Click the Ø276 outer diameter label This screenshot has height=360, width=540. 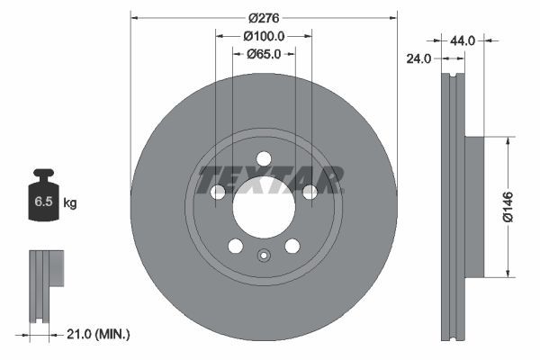click(x=264, y=18)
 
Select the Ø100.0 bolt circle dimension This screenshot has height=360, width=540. click(x=264, y=36)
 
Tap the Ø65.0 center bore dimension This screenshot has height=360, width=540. click(x=264, y=54)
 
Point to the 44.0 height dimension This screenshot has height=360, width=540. click(x=462, y=40)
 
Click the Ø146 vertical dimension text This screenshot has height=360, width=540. click(x=508, y=205)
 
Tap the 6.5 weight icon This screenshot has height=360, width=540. click(x=43, y=201)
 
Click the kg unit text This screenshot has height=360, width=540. click(x=70, y=204)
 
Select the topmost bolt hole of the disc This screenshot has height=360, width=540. click(x=263, y=158)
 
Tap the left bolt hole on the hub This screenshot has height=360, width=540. click(x=217, y=192)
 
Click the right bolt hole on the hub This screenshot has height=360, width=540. click(x=309, y=192)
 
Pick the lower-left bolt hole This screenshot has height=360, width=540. click(x=235, y=246)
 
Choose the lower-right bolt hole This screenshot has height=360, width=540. click(x=292, y=246)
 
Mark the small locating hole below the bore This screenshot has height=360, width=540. click(x=263, y=255)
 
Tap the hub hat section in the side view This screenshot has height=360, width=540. click(x=475, y=206)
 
